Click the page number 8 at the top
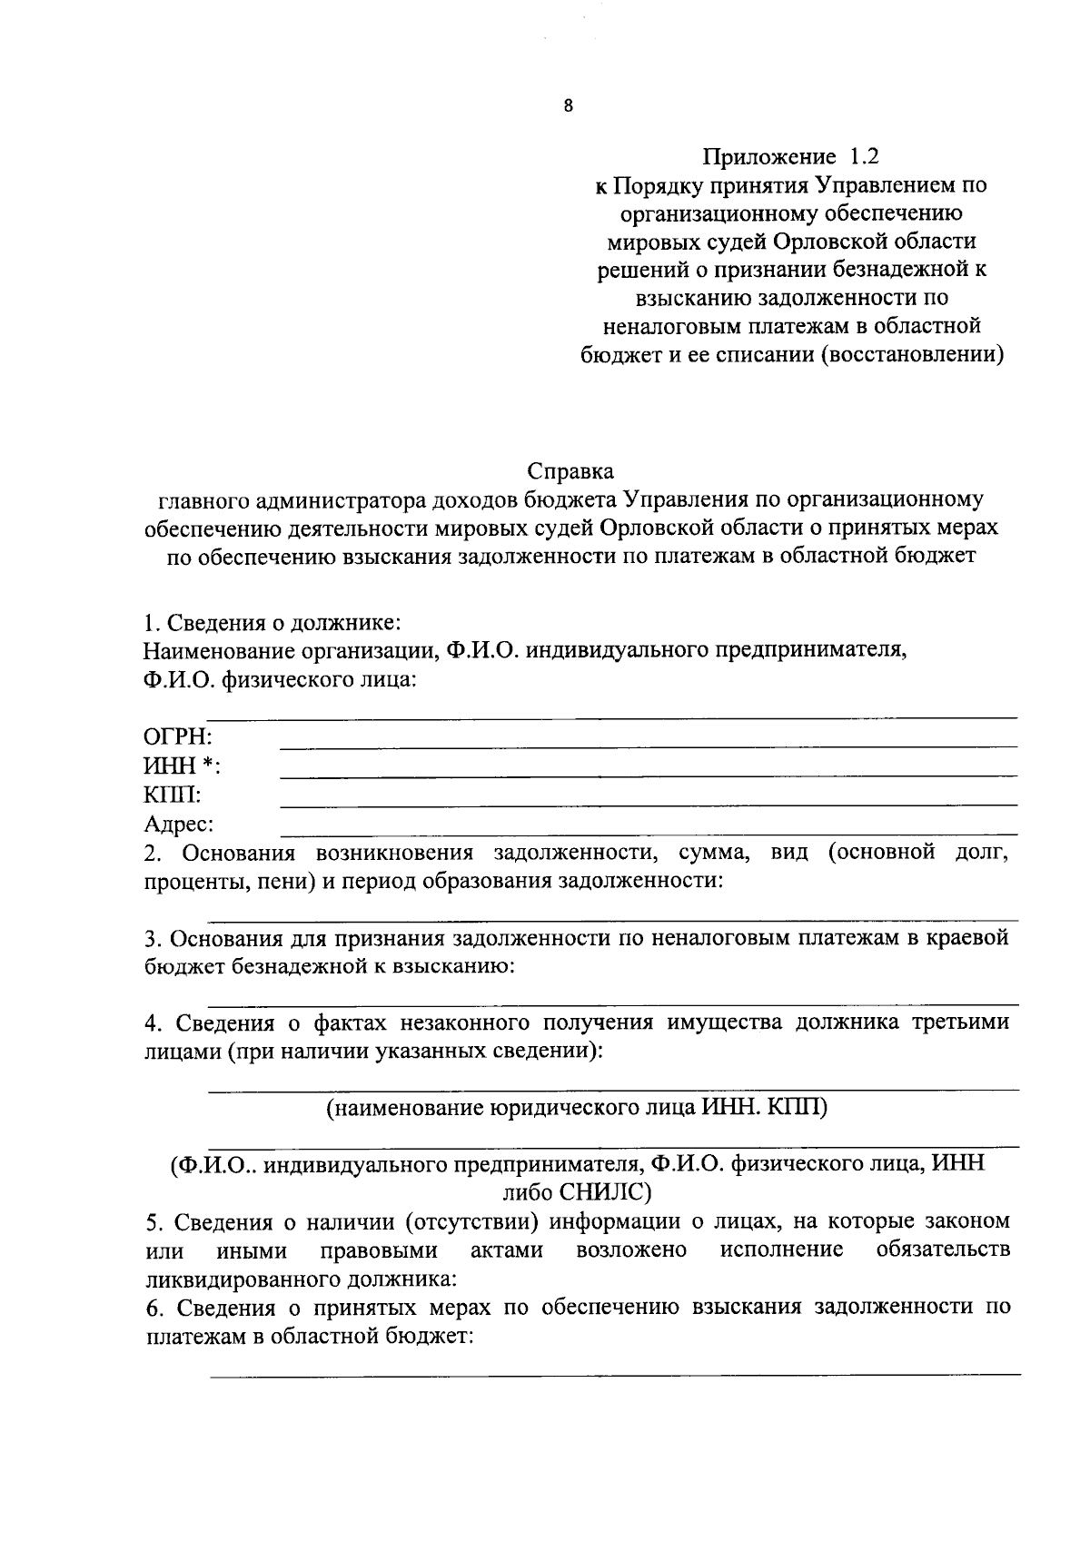[569, 106]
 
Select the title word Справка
[570, 471]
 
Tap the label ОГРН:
[177, 736]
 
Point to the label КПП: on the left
[173, 795]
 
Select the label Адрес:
[179, 825]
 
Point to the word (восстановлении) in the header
[912, 354]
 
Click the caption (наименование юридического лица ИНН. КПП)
[577, 1108]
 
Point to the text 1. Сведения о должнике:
[272, 624]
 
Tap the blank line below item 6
[614, 1376]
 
